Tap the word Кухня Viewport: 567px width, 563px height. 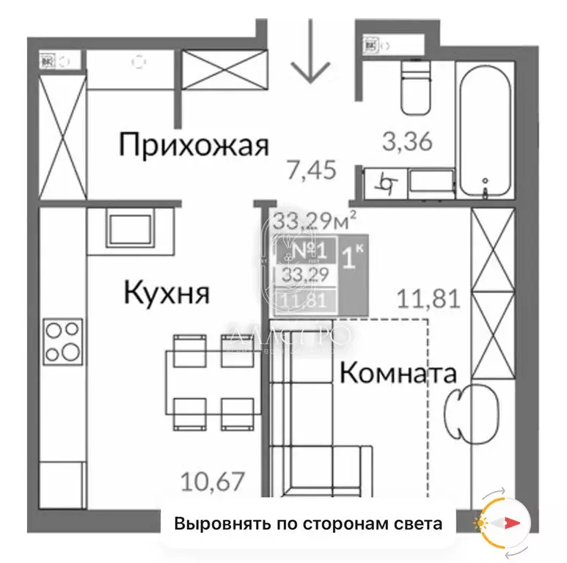167,293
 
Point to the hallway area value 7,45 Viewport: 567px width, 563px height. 311,172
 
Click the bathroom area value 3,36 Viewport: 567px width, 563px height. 407,139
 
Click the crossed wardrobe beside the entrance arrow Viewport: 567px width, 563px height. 216,70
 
